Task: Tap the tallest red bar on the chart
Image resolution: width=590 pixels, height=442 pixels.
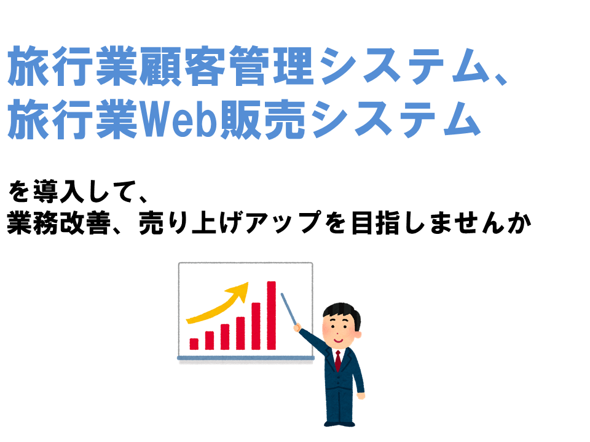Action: click(271, 316)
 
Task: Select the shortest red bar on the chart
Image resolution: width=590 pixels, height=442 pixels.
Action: click(194, 344)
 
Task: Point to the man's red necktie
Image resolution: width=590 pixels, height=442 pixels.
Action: click(338, 360)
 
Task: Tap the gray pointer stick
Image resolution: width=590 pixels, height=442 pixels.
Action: click(289, 309)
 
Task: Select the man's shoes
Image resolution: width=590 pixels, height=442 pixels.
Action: click(339, 424)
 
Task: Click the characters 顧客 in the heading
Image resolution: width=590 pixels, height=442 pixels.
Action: click(183, 66)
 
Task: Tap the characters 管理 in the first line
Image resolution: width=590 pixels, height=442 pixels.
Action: click(271, 66)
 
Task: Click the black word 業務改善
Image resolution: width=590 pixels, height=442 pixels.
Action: click(59, 223)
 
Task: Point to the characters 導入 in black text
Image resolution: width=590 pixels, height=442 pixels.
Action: click(59, 192)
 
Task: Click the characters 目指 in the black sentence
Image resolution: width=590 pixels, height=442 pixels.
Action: click(376, 223)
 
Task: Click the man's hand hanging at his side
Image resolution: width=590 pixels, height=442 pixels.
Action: click(361, 395)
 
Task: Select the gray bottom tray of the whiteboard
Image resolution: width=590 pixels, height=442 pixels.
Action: click(246, 359)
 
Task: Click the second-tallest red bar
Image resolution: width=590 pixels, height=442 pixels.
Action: click(256, 326)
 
